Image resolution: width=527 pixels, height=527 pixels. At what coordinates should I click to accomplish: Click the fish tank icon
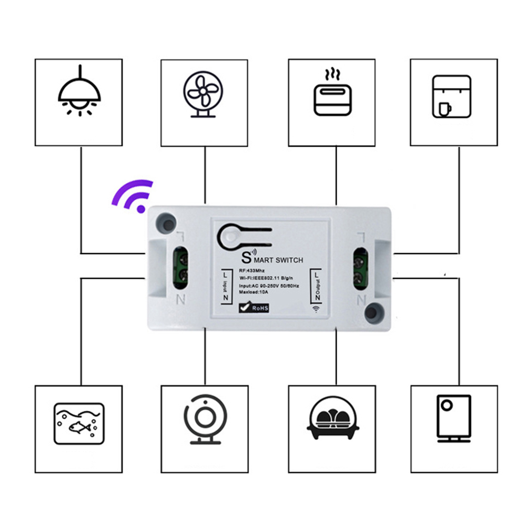[79, 423]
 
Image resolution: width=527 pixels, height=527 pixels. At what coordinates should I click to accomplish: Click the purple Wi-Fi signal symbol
[133, 196]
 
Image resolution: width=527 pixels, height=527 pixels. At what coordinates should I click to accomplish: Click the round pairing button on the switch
[229, 237]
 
